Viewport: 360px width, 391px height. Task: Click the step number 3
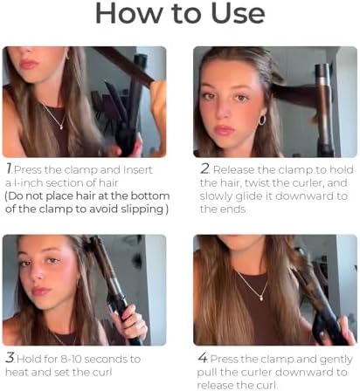9,359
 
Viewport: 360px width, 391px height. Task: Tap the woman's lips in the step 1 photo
28,64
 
